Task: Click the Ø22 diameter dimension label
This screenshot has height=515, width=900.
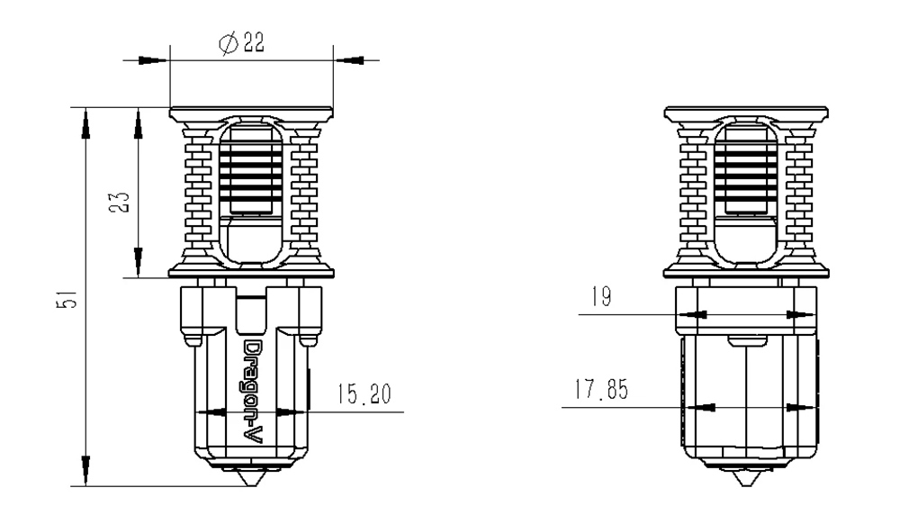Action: [x=241, y=43]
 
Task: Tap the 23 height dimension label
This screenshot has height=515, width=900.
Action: [x=120, y=203]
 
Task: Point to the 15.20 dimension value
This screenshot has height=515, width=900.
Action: [x=364, y=393]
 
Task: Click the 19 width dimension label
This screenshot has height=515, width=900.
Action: [x=601, y=296]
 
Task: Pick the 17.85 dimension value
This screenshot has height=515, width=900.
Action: [x=601, y=390]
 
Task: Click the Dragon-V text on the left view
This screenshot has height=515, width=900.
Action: [x=254, y=392]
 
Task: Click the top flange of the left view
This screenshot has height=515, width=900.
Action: [x=251, y=113]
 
